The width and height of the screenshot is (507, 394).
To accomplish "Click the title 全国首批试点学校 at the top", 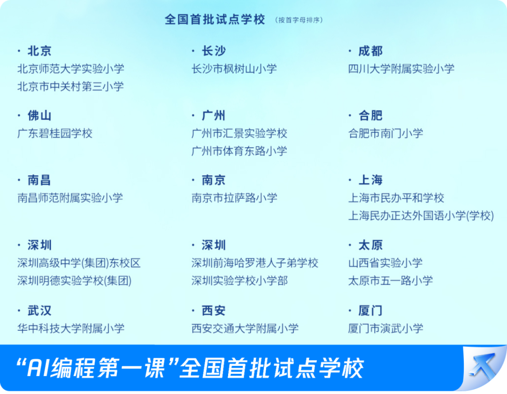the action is [215, 19].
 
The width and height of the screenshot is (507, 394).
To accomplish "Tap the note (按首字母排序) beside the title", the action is [299, 20].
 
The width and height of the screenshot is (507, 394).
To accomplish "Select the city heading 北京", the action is [39, 51].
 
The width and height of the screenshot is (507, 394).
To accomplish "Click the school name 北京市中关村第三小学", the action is [70, 86].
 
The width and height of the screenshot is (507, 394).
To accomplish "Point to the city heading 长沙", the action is [214, 51].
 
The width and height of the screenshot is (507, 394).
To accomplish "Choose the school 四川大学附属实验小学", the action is [401, 69].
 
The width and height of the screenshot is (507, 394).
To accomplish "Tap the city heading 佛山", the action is [39, 116].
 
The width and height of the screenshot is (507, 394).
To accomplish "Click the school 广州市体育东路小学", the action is [239, 151].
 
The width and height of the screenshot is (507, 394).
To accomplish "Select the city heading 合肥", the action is [370, 116].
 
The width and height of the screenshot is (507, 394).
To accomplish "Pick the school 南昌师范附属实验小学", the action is [70, 198].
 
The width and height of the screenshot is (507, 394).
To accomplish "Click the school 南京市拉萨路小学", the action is [234, 198].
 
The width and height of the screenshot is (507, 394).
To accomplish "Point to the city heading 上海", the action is [370, 180].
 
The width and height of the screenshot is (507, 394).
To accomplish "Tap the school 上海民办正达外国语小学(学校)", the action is [421, 216].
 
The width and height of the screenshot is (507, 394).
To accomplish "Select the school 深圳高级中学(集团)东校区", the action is [79, 263].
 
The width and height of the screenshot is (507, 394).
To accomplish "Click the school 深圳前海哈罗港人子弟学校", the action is [255, 263].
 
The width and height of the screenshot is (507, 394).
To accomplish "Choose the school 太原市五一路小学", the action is [390, 280].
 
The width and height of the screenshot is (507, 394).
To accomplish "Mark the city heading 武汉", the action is [39, 310].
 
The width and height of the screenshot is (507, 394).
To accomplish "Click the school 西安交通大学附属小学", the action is [245, 328].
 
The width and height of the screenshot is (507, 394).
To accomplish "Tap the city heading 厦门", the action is [370, 310].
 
